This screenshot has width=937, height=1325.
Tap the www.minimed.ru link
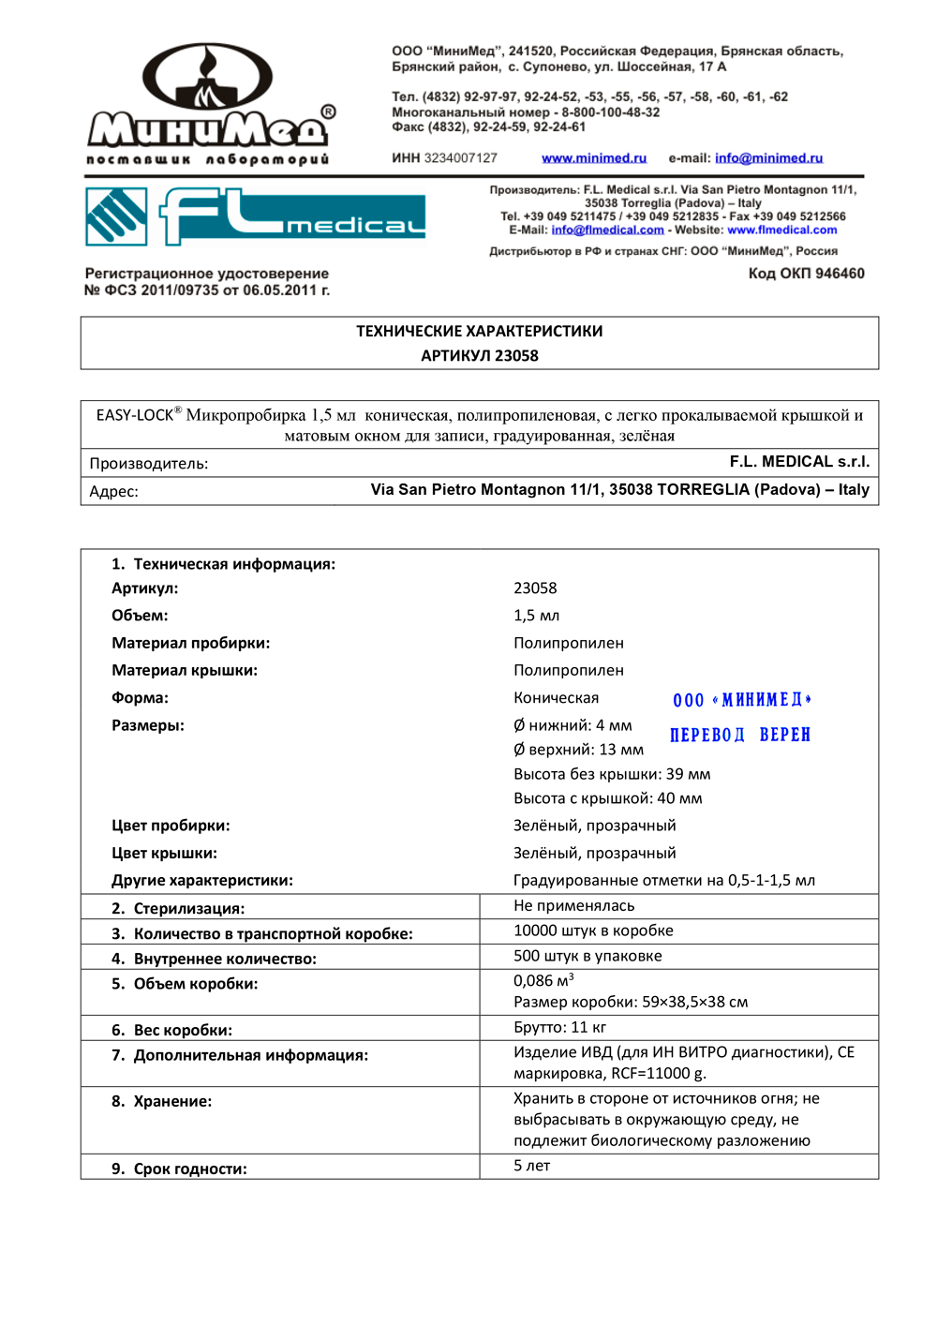click(x=594, y=158)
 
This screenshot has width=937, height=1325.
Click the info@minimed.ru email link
click(x=768, y=158)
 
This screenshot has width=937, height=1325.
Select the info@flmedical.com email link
click(x=607, y=230)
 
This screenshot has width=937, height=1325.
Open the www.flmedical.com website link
click(x=781, y=230)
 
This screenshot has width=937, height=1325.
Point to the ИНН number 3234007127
click(x=461, y=158)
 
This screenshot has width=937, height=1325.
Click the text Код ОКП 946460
click(x=806, y=274)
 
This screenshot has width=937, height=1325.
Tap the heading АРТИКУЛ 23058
click(x=479, y=356)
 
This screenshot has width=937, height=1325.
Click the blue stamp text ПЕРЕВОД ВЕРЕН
click(x=739, y=735)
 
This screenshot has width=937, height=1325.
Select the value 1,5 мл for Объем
click(x=536, y=616)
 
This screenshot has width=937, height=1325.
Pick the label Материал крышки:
click(x=185, y=670)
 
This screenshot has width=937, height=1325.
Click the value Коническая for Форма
click(x=556, y=697)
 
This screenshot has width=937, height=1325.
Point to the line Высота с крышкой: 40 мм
click(x=607, y=798)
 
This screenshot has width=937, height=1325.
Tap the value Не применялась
click(x=573, y=905)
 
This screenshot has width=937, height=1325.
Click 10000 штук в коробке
click(x=593, y=930)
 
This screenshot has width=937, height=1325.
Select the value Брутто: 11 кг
click(x=559, y=1027)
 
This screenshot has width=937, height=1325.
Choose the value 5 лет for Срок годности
click(x=531, y=1166)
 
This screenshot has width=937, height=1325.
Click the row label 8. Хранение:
click(x=161, y=1101)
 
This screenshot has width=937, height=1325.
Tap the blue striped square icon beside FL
click(x=116, y=216)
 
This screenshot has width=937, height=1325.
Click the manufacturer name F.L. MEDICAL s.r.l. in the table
click(x=799, y=462)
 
